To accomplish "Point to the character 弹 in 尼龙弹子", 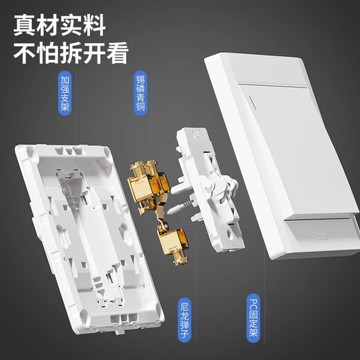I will (x=183, y=325).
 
